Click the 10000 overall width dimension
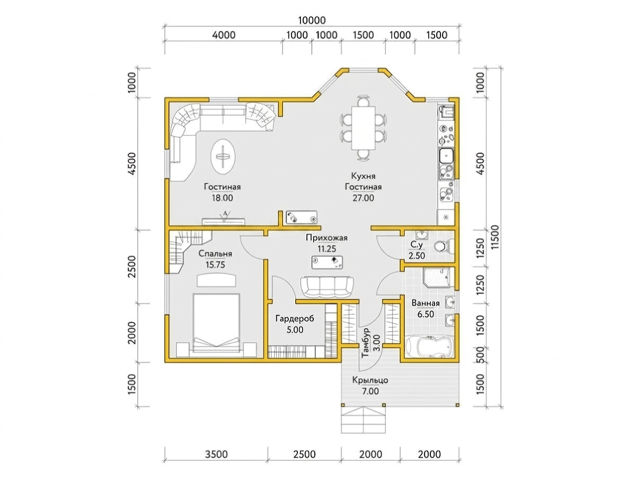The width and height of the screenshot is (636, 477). (x=312, y=20)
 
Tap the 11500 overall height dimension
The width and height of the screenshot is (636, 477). (x=496, y=237)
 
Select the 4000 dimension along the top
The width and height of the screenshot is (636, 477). (x=224, y=35)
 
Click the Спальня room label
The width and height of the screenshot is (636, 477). (x=215, y=254)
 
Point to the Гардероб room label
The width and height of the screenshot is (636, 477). (x=295, y=319)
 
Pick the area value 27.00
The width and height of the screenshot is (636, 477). (x=363, y=198)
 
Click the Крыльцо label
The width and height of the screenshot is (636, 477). (x=370, y=380)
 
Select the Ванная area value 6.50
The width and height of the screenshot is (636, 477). (x=426, y=314)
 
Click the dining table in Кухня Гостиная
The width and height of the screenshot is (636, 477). (x=364, y=128)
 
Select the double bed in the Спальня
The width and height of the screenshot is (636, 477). (x=216, y=325)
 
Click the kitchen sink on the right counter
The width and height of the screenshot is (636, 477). (x=447, y=155)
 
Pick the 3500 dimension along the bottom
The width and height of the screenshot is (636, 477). (x=216, y=454)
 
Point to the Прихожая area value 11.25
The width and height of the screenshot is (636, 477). (x=326, y=249)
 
